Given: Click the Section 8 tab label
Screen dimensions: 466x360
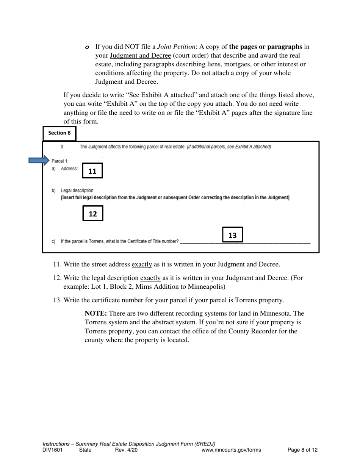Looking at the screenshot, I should [59, 133].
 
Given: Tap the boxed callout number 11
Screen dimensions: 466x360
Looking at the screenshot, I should [92, 171].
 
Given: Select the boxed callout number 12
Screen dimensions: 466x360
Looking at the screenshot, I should [92, 214].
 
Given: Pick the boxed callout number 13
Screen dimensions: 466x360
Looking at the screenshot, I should [232, 235].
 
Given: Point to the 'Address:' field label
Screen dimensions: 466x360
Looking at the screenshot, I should [69, 169].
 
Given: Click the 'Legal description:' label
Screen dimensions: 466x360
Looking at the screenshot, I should [78, 190].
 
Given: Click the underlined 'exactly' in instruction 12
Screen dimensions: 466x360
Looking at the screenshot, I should [150, 278].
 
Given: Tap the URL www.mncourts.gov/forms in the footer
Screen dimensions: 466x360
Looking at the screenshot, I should [231, 450].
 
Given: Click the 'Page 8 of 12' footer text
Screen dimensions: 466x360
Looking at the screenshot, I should [302, 450].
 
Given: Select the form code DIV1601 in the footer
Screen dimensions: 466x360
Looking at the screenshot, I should [53, 450].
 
